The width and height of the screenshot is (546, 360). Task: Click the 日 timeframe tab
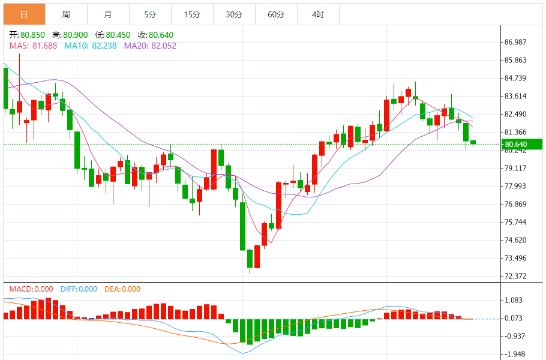[23, 14]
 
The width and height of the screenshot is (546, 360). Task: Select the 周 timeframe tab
[66, 14]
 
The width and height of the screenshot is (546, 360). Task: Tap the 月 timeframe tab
[107, 14]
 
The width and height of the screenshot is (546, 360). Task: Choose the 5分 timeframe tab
[150, 14]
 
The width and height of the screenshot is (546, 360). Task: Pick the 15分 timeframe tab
[192, 14]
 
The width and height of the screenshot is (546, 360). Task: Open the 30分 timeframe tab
[234, 14]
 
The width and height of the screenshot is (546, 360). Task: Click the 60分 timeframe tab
[276, 14]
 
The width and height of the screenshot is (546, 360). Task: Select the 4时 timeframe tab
[318, 14]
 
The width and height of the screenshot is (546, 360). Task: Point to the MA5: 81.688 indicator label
[34, 46]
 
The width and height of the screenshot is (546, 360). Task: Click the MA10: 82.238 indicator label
[91, 46]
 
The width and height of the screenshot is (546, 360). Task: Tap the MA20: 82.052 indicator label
[150, 46]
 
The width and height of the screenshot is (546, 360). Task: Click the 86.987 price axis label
[515, 42]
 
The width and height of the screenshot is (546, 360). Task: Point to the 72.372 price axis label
[515, 277]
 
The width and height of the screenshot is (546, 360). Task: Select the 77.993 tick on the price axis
[515, 186]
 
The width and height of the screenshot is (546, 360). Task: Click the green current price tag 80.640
[522, 144]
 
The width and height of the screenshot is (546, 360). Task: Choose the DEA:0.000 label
[122, 289]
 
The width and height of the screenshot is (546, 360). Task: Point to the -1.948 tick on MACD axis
[515, 354]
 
